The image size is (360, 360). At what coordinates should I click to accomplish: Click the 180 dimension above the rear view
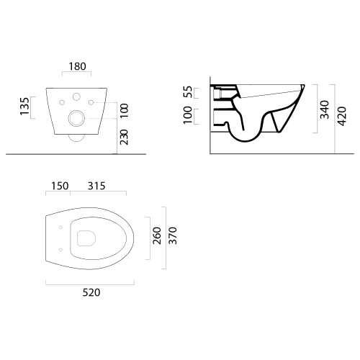tap(77, 66)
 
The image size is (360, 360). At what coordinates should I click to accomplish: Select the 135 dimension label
tap(24, 106)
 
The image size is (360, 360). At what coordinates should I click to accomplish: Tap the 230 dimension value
tap(124, 138)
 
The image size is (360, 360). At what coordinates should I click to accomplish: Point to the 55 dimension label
tap(188, 92)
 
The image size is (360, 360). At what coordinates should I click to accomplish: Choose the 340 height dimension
tap(325, 109)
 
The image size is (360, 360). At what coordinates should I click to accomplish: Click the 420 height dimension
tap(342, 116)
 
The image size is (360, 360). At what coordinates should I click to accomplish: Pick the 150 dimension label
tap(60, 186)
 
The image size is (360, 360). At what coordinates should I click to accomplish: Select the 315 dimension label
tap(96, 186)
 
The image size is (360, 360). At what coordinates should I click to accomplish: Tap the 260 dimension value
tap(157, 235)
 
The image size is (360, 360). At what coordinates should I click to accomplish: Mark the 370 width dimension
tap(173, 235)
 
